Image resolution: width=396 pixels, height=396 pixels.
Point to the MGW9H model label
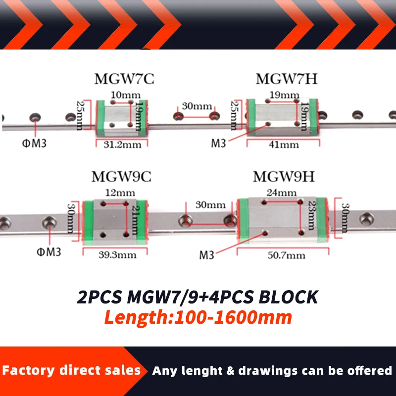pyautogui.click(x=284, y=177)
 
